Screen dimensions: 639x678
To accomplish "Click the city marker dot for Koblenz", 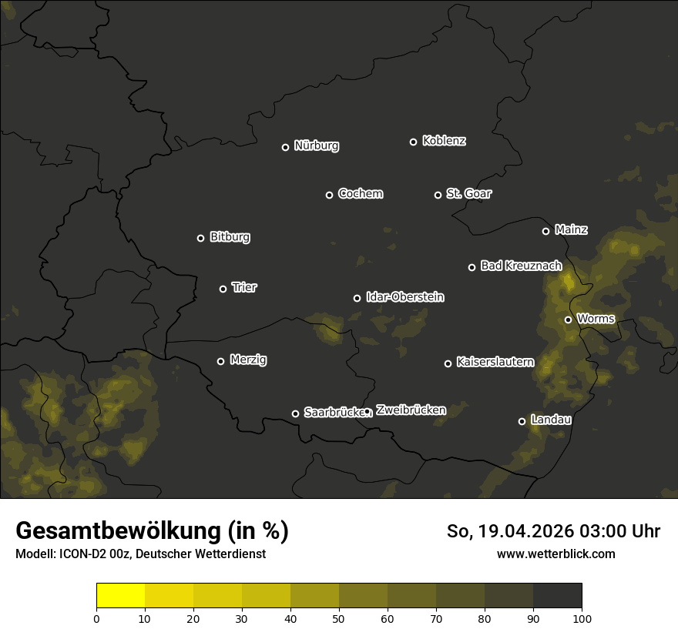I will click(x=413, y=142).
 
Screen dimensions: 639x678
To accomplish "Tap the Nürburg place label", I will click(x=316, y=146).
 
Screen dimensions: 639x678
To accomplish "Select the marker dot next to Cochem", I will click(x=329, y=195).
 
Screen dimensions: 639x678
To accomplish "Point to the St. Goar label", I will click(x=468, y=193).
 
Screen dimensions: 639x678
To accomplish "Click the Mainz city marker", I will click(x=545, y=231).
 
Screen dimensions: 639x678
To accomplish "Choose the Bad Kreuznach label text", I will click(x=521, y=266).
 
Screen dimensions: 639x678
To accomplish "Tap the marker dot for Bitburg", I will click(x=200, y=238).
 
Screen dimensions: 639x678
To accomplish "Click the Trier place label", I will click(x=244, y=287).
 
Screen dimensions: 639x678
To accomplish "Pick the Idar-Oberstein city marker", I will click(x=357, y=298).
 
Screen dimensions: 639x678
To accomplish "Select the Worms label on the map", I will click(x=596, y=318).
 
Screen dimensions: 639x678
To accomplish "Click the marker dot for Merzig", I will click(x=220, y=361).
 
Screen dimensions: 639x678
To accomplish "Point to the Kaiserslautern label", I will click(x=495, y=362).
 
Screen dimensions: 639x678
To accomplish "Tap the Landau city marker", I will click(x=522, y=421).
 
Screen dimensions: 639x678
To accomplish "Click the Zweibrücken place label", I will click(x=411, y=410).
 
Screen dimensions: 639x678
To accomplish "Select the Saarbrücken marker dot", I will click(x=295, y=413).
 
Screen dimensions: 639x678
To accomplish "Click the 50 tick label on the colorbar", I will click(x=339, y=617).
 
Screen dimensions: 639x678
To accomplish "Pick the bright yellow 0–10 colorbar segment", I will click(x=120, y=595).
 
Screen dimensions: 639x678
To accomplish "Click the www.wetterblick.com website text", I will click(x=555, y=554).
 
